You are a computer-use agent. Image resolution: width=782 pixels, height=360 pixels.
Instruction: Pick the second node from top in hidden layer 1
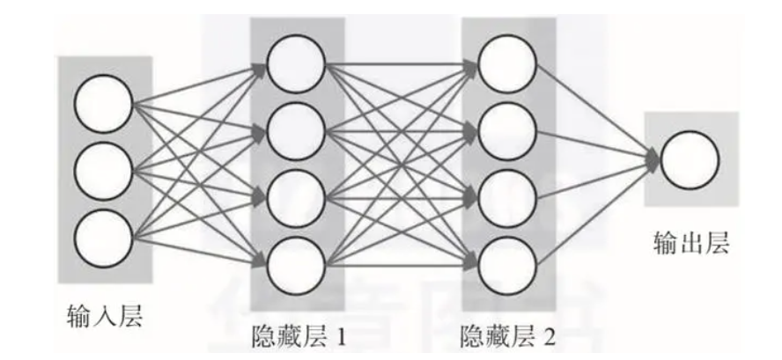tap(294, 130)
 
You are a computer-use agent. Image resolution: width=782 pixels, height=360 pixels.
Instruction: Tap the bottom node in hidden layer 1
tap(294, 261)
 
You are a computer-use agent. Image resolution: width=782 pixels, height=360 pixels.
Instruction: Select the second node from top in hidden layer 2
tap(506, 130)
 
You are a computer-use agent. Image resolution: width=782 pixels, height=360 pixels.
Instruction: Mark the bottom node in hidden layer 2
tap(506, 261)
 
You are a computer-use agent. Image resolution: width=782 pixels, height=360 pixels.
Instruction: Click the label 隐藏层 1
tap(297, 335)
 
